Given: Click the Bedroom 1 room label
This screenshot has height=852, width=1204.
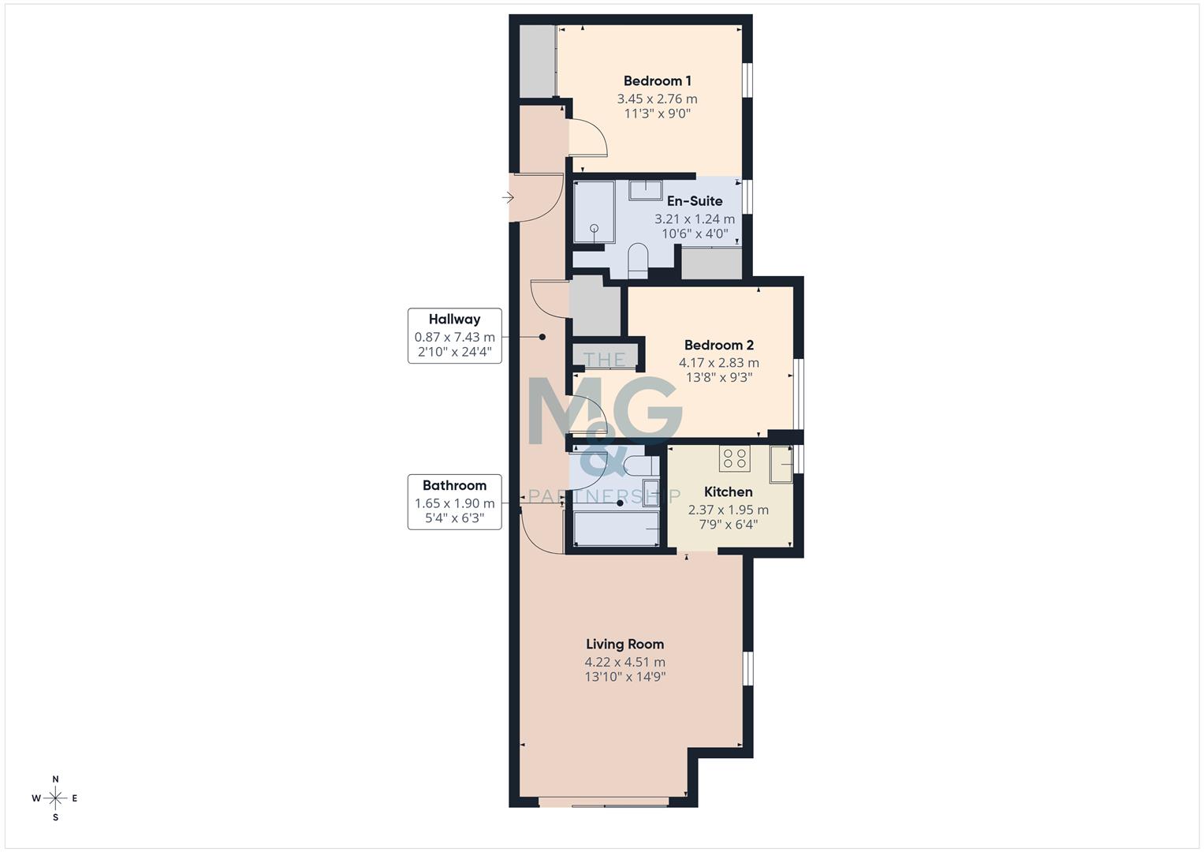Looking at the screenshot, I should pyautogui.click(x=657, y=80).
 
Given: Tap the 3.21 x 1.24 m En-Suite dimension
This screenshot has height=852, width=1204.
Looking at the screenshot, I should pyautogui.click(x=694, y=219).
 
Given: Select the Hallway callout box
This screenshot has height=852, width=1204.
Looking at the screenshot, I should pyautogui.click(x=454, y=335).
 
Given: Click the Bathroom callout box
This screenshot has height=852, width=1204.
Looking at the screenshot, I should pyautogui.click(x=454, y=502).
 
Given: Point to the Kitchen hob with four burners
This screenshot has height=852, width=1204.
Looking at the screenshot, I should pyautogui.click(x=734, y=458).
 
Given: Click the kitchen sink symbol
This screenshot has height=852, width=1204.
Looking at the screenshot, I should pyautogui.click(x=781, y=463).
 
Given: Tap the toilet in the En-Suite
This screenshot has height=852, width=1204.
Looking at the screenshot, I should pyautogui.click(x=638, y=260).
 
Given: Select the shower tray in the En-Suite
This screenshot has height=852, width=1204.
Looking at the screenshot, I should pyautogui.click(x=594, y=212).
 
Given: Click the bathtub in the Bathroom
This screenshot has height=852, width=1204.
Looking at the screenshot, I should pyautogui.click(x=616, y=528).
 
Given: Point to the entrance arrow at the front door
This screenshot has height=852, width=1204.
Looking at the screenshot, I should pyautogui.click(x=508, y=197).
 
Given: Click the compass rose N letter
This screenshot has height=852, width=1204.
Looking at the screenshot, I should pyautogui.click(x=55, y=779).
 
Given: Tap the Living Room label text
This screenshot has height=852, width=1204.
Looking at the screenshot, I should pyautogui.click(x=624, y=644).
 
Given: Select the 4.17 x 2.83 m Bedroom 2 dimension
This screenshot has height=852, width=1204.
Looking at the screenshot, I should pyautogui.click(x=718, y=363).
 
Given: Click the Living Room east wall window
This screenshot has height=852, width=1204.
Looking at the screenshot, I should pyautogui.click(x=747, y=668).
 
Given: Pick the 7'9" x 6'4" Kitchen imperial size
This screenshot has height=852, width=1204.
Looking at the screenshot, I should pyautogui.click(x=728, y=524).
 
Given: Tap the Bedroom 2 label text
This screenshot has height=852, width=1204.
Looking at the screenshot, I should pyautogui.click(x=718, y=345).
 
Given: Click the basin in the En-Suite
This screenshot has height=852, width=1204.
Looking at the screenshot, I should pyautogui.click(x=645, y=189).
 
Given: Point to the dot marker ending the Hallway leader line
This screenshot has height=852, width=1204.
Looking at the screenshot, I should pyautogui.click(x=542, y=337).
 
